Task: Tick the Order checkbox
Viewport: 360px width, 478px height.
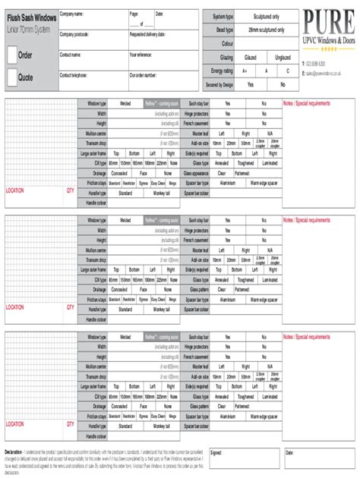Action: (12, 55)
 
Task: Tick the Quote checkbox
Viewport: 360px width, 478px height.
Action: (12, 77)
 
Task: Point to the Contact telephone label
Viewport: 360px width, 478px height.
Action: (75, 76)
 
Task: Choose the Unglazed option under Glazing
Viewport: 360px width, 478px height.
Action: (282, 57)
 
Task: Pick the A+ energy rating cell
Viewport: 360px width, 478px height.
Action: (245, 71)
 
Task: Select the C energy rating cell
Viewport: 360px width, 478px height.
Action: (288, 71)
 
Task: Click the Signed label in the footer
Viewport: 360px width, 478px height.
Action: (216, 452)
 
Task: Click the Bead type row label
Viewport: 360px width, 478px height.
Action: (223, 30)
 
